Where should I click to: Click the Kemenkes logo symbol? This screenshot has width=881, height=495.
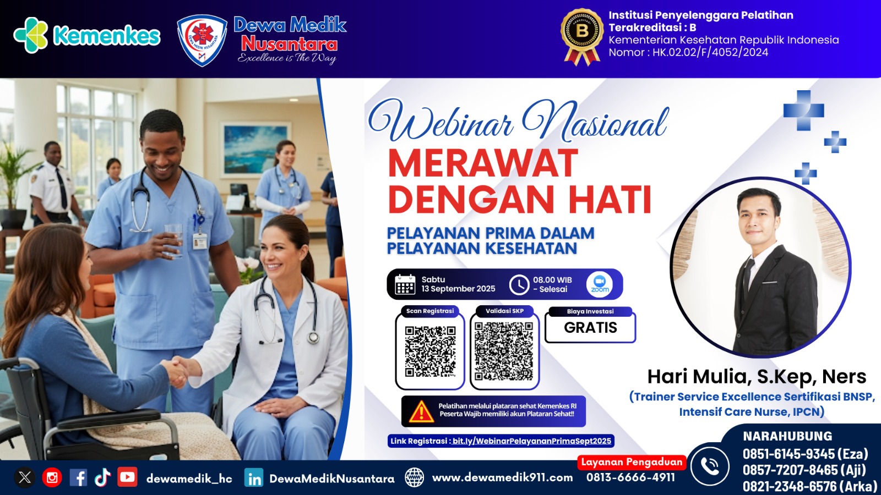coord(31,35)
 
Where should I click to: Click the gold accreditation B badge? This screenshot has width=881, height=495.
coord(581,34)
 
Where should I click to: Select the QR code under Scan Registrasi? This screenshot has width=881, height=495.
coord(430,351)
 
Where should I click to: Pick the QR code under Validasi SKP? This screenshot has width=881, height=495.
coord(504,351)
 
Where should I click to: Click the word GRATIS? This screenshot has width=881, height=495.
coord(590,328)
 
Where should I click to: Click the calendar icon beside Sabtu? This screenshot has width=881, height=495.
coord(405,284)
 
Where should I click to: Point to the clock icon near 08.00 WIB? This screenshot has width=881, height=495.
coord(519,284)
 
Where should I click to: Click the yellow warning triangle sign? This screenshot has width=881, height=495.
coord(421,411)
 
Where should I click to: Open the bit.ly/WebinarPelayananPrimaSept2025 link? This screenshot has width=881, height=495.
coord(531,441)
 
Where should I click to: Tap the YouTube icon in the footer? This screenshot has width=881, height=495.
coord(127,477)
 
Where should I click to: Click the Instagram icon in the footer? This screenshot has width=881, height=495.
coord(52,477)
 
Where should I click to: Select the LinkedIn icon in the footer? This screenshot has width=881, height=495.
coord(254,478)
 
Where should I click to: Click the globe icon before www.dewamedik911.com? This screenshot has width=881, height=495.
coord(414,477)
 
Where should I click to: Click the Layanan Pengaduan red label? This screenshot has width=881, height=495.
coord(632,462)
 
